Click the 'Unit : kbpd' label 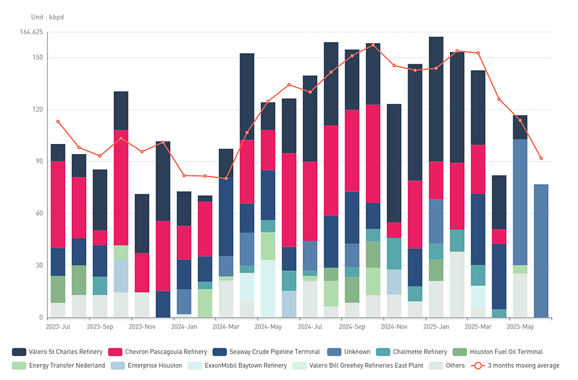[x=47, y=17]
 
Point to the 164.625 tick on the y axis [x=31, y=32]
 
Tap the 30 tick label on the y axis [x=38, y=266]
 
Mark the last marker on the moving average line [x=541, y=158]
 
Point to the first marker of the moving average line [x=58, y=122]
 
